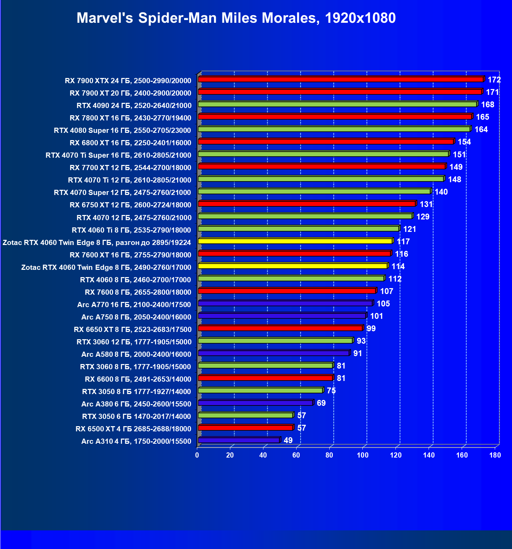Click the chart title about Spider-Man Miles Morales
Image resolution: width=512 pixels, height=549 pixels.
pos(236,18)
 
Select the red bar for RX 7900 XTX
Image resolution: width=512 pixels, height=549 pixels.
pos(341,79)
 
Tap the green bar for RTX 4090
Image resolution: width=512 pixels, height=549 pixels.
pos(337,104)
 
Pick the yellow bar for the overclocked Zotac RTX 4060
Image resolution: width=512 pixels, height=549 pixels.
pos(295,241)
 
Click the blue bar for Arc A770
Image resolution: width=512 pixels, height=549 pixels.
pos(285,303)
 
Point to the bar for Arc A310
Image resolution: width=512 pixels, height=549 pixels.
pos(239,440)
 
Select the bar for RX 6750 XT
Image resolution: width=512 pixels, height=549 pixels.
pos(307,204)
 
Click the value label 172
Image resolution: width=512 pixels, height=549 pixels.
pos(494,80)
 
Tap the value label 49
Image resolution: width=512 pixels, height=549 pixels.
pos(288,440)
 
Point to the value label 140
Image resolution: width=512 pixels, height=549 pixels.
pos(441,192)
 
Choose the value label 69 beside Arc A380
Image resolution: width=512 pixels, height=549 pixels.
pos(321,403)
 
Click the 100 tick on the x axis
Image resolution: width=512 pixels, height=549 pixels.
pos(362,455)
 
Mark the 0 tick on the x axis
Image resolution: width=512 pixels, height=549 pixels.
pos(197,455)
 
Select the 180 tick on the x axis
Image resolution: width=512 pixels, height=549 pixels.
pos(495,455)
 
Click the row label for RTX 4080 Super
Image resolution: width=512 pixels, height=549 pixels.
pos(122,130)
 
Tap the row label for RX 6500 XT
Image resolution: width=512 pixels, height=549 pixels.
pos(133,429)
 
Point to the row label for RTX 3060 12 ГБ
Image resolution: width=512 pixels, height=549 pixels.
pos(134,342)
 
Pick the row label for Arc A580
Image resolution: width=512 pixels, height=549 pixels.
pos(136,354)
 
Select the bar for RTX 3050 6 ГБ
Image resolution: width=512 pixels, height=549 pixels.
pos(245,415)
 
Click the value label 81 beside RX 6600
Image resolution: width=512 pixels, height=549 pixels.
pos(341,378)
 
